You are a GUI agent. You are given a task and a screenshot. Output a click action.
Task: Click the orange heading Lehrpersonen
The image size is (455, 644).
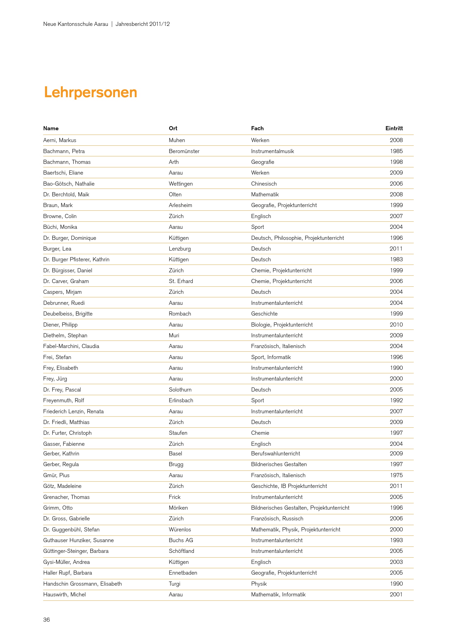click(x=91, y=92)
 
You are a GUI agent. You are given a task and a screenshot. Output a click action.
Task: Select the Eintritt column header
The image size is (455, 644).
click(x=394, y=129)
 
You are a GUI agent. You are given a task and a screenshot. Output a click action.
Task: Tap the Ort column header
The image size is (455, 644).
click(x=173, y=129)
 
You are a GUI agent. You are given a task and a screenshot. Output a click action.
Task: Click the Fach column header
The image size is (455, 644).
click(x=257, y=129)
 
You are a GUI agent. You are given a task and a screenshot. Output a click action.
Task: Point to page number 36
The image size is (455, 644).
click(x=46, y=619)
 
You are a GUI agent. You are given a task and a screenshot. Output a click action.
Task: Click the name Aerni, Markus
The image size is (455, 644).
click(x=60, y=140)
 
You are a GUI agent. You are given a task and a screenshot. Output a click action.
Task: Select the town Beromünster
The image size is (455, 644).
click(x=184, y=151)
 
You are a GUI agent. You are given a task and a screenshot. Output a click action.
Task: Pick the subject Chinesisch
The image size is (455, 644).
click(x=264, y=184)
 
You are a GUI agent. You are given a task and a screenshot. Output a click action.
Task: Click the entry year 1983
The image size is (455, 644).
click(x=396, y=259)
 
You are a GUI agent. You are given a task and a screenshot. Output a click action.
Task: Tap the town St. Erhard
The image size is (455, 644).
click(x=181, y=281)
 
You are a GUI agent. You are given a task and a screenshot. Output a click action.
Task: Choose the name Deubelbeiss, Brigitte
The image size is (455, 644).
click(x=68, y=314)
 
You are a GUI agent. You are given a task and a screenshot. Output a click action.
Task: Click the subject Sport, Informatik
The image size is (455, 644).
click(x=271, y=357)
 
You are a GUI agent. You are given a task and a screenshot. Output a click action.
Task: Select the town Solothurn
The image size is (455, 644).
click(x=180, y=390)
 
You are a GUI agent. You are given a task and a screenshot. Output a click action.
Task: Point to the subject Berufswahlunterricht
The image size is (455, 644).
click(x=275, y=453)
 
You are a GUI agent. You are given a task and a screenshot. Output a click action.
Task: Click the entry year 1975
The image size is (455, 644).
click(x=396, y=475)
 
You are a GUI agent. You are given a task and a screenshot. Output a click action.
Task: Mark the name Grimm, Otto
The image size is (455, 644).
click(x=58, y=508)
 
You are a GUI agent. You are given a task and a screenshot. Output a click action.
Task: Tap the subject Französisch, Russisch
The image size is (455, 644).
click(x=277, y=518)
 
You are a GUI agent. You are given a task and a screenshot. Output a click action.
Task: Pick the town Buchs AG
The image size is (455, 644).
click(x=181, y=540)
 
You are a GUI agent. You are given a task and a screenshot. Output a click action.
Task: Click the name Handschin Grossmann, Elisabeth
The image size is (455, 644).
click(x=82, y=584)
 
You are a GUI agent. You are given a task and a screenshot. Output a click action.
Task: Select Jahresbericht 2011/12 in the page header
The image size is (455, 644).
click(x=142, y=24)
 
